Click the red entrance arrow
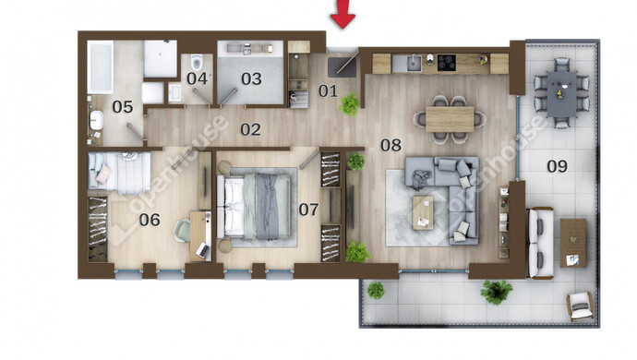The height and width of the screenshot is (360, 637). coord(343,14)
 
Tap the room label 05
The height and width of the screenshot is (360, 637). coord(123,107)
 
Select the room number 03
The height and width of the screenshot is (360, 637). coord(251,78)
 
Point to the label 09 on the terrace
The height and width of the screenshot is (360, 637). coord(557,166)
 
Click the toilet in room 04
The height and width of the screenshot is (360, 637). coord(197,62)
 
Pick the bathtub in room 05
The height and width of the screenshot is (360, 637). coord(100,67)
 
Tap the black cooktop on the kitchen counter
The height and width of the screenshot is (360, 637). coord(447,63)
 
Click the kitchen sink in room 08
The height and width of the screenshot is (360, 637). coord(414,63)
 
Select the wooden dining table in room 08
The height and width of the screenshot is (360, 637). coord(450,119)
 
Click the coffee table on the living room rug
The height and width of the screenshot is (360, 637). coord(423,213)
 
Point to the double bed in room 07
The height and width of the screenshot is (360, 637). coord(254,207)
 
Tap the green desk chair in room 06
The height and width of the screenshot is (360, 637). coord(182,231)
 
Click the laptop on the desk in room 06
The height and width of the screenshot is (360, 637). coord(203,249)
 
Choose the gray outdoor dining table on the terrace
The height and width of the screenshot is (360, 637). coord(562,94)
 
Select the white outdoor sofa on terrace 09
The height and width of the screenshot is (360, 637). coord(540,243)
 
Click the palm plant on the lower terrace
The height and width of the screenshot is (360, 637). coord(496,292)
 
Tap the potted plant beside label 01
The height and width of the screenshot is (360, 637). coord(349,104)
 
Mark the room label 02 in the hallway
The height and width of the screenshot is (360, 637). coord(250,129)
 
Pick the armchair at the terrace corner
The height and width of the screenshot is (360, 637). coord(580,306)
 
